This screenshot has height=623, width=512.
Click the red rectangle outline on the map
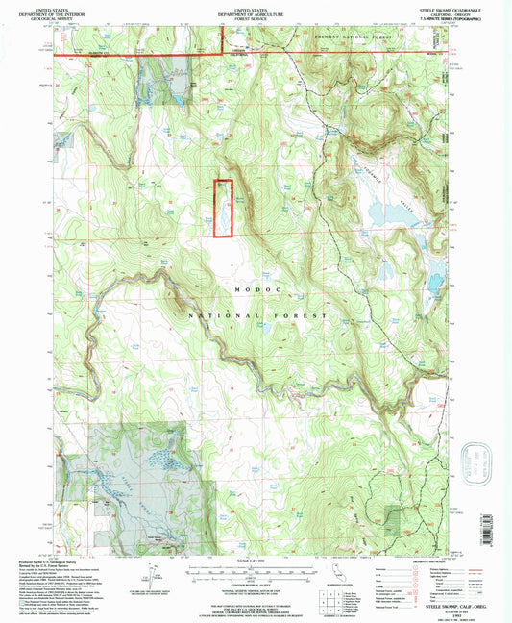(223, 209)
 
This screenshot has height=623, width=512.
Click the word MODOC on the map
(256, 288)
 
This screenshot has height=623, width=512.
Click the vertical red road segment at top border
(224, 38)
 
